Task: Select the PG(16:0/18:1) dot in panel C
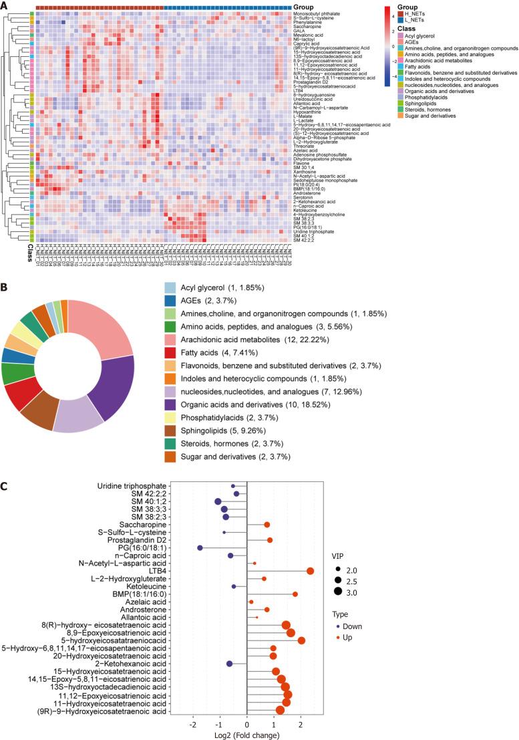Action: [200, 547]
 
